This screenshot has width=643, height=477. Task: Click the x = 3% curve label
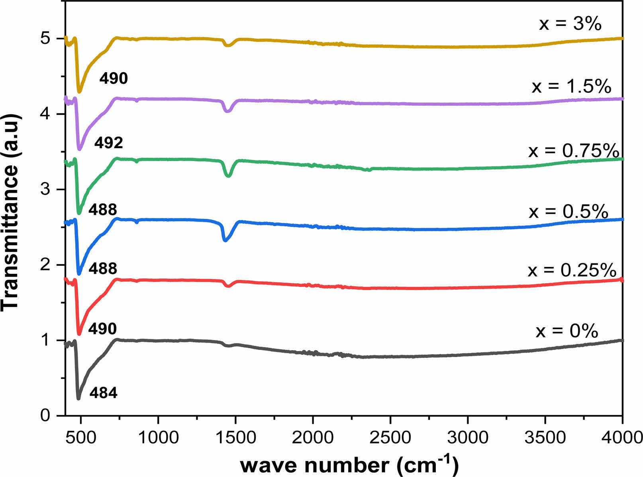pos(570,24)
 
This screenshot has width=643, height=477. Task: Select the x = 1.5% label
pos(571,86)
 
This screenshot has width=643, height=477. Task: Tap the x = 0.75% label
pos(574,151)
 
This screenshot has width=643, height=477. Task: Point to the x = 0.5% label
pos(569,211)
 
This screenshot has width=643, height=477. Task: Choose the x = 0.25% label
pos(572,270)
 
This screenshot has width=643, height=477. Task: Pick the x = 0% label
pos(567,331)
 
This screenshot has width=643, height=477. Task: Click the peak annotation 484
pos(103,393)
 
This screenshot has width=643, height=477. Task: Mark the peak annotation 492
pos(108,143)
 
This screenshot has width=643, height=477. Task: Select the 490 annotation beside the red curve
pos(102,329)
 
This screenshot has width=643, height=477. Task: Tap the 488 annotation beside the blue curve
pos(103,269)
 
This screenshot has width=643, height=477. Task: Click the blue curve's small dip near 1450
pos(225,240)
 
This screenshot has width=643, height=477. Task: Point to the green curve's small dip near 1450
pos(228,175)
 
